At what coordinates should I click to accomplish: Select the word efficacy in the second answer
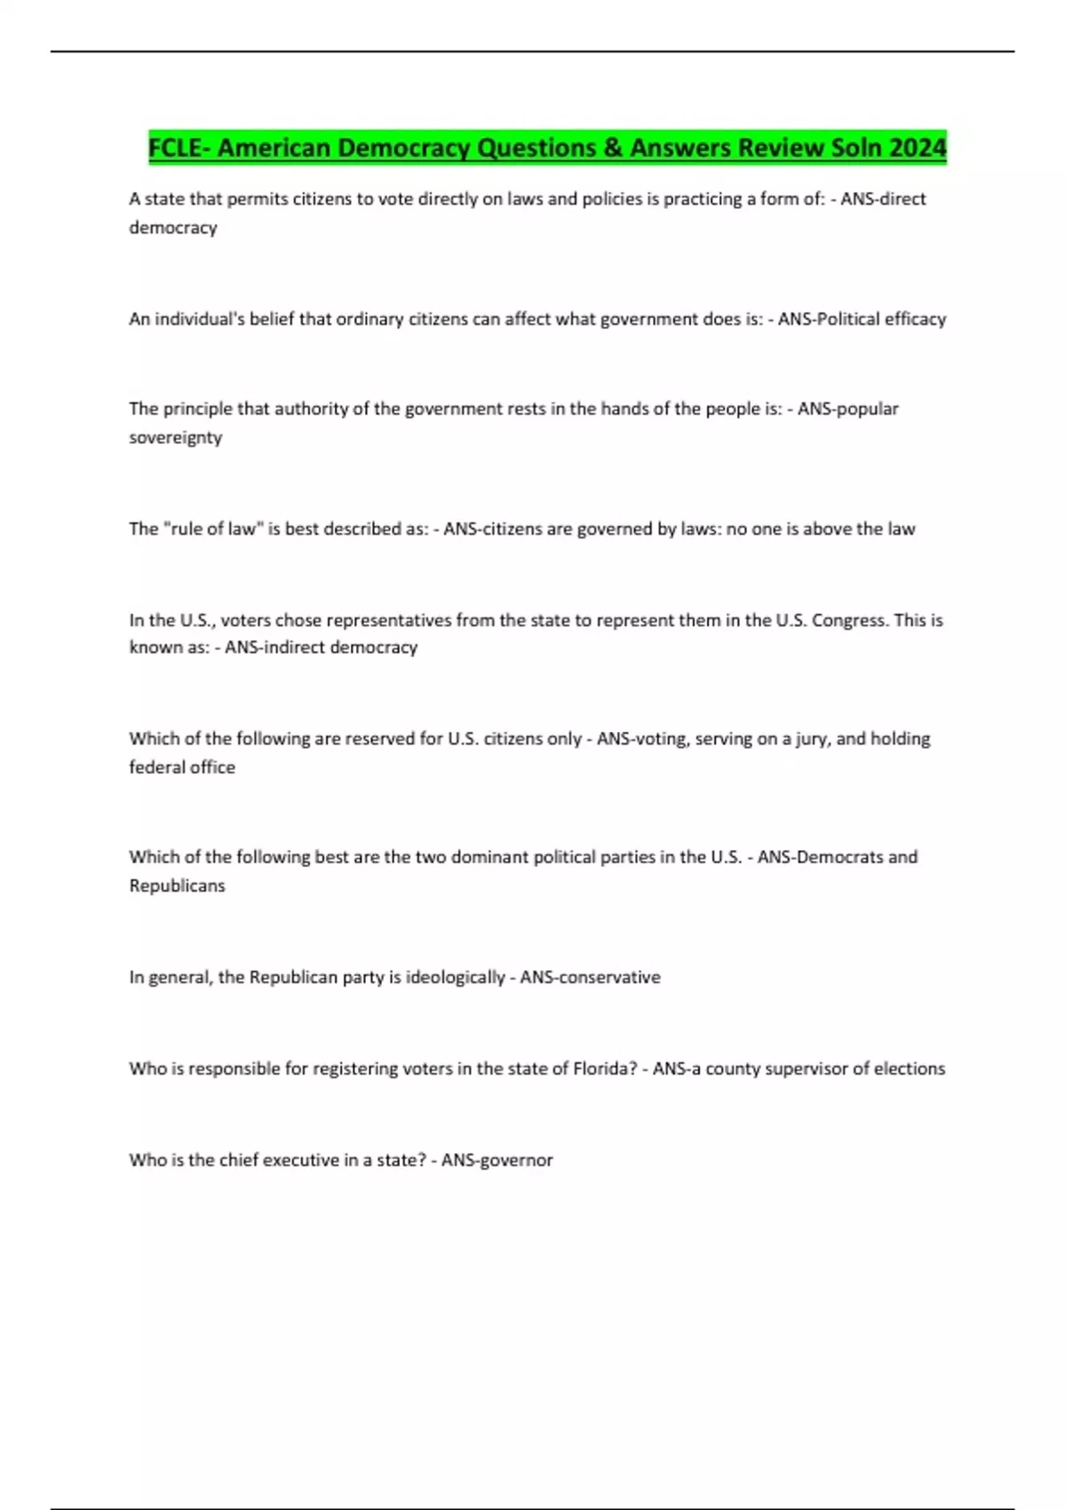(x=915, y=319)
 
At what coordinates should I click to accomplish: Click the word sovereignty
(x=175, y=437)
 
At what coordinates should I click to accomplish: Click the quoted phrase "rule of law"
(x=210, y=528)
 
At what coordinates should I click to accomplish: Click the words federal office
(x=182, y=767)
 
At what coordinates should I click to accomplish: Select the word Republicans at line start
(x=177, y=886)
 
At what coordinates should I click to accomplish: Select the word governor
(x=516, y=1160)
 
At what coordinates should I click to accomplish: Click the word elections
(x=910, y=1069)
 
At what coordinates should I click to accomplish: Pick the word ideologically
(x=455, y=977)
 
